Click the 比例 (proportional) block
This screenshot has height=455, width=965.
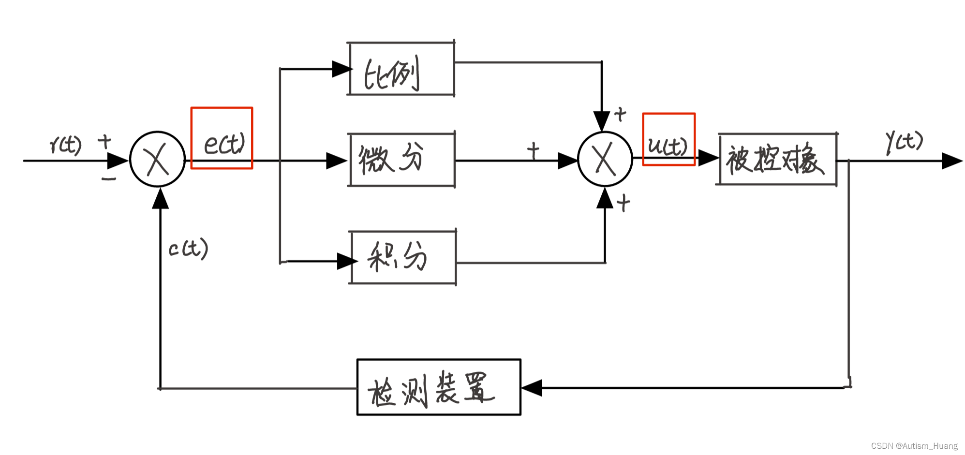point(401,69)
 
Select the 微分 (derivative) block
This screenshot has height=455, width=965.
point(401,159)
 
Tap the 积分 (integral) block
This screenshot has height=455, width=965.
point(402,257)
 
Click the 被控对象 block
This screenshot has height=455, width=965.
point(777,159)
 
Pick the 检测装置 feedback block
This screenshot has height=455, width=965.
point(438,387)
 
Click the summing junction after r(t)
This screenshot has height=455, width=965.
point(157,159)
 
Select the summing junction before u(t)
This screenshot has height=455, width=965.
point(605,159)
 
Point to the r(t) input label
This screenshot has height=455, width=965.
point(66,144)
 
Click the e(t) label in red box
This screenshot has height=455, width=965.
point(224,144)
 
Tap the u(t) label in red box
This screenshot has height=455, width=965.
point(668,145)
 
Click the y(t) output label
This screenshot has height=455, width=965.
point(904,142)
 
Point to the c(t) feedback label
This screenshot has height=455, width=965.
point(188,249)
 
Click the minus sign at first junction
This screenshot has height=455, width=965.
point(109,179)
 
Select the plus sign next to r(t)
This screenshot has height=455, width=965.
point(104,142)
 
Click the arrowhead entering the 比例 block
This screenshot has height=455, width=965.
point(341,69)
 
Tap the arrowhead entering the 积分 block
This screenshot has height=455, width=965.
point(346,261)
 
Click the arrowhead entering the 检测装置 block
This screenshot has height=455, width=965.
point(531,388)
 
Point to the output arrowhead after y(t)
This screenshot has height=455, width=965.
point(951,161)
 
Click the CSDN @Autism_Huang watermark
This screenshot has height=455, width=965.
point(914,446)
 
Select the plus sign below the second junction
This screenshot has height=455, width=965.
point(624,203)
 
